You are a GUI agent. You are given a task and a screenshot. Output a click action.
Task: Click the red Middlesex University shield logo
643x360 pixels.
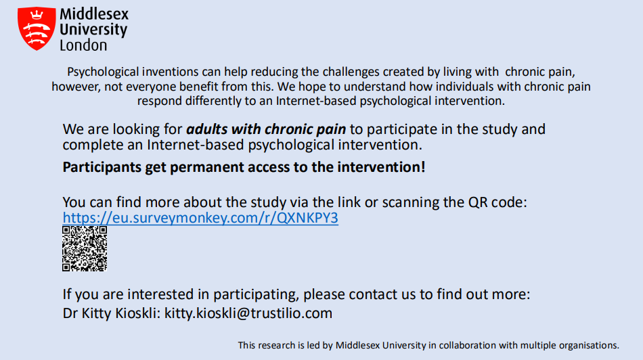point(37,28)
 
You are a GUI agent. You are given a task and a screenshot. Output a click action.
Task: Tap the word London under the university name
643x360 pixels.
point(83,45)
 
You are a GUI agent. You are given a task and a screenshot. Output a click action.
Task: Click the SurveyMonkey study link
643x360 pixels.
point(200,218)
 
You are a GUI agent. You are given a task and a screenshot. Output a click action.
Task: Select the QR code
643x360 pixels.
point(85,248)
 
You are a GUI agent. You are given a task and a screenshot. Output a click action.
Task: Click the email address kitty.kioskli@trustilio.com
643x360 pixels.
point(248,313)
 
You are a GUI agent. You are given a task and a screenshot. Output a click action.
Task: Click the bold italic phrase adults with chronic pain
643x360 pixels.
point(266,129)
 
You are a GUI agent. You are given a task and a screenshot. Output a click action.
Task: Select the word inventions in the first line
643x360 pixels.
point(170,72)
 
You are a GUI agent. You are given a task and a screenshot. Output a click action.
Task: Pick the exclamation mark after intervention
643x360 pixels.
point(423,167)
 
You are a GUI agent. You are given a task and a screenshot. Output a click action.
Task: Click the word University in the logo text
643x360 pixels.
point(93,30)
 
